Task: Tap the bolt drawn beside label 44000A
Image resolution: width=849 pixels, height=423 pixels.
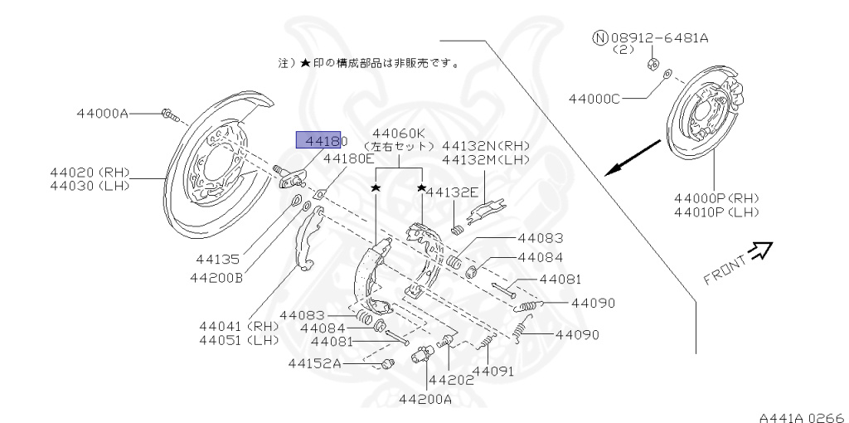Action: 168,114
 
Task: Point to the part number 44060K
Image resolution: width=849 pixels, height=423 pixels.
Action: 399,133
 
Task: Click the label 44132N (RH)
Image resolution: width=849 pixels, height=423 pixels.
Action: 486,145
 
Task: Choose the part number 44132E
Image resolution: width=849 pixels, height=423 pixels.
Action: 454,192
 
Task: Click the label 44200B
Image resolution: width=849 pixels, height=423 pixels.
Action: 216,277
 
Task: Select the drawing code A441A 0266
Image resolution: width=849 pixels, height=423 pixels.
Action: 800,416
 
